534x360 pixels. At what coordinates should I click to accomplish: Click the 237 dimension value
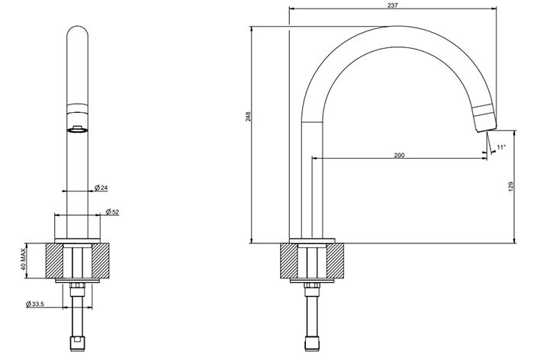pos(393,5)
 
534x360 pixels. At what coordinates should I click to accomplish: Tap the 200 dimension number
pos(399,155)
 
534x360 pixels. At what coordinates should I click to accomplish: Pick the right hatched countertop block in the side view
pos(336,261)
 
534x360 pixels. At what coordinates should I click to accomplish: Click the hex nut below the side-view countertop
pos(310,288)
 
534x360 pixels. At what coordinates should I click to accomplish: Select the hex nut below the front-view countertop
pos(77,288)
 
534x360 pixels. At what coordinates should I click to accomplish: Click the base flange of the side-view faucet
pos(310,241)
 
